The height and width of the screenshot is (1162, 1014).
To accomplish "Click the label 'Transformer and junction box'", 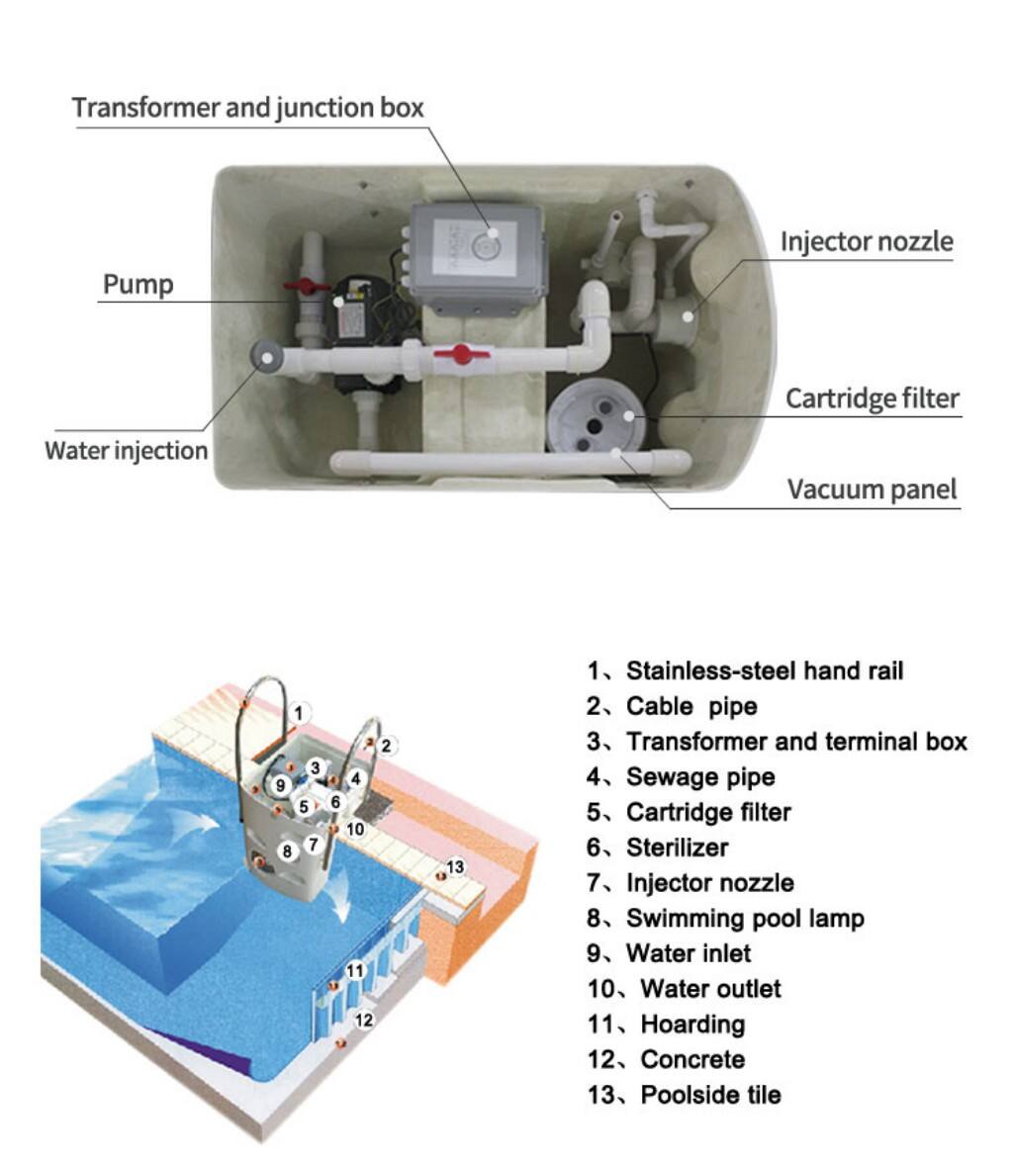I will click(247, 108).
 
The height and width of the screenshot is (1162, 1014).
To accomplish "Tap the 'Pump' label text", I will click(138, 285).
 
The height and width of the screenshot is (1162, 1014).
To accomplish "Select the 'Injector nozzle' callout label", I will click(867, 241).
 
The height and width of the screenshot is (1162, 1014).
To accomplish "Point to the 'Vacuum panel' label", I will click(873, 489).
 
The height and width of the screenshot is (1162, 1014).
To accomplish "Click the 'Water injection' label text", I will click(127, 451).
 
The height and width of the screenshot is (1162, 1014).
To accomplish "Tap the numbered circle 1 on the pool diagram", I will click(303, 711).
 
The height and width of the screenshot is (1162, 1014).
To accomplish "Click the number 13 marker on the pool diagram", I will click(455, 867).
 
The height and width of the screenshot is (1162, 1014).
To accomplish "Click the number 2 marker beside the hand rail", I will click(387, 746).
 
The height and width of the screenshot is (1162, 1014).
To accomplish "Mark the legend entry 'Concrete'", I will click(692, 1059).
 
